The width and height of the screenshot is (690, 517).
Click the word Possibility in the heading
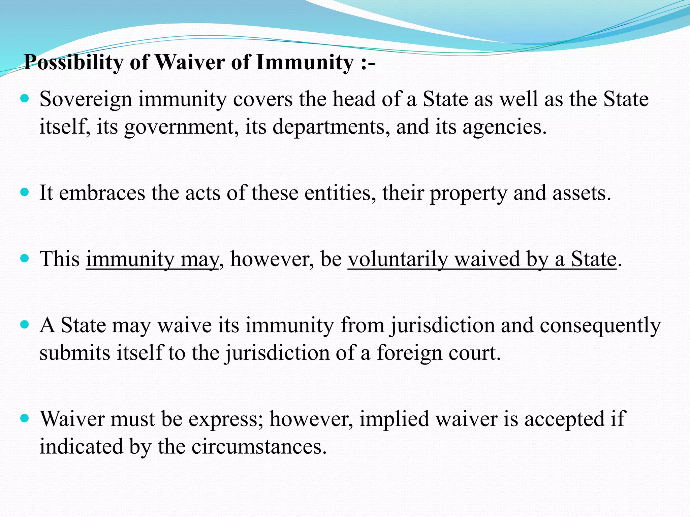click(x=74, y=63)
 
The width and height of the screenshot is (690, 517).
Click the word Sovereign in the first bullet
click(x=86, y=100)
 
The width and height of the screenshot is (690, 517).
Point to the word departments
click(x=328, y=127)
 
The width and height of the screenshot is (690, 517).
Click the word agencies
click(x=504, y=127)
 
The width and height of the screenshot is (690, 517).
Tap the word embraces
click(x=102, y=193)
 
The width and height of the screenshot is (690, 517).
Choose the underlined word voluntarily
click(x=398, y=260)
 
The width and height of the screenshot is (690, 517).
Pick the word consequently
click(x=600, y=326)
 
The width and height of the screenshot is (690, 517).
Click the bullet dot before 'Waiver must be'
click(x=25, y=418)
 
